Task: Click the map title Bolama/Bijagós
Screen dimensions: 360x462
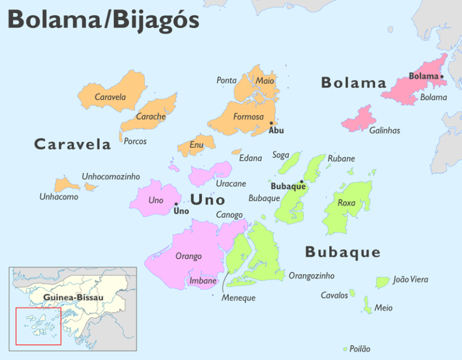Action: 103,20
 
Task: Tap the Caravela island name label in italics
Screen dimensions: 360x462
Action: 110,97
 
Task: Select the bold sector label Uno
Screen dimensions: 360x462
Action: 208,200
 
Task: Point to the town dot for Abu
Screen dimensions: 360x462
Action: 271,123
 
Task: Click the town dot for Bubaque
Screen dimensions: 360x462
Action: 301,181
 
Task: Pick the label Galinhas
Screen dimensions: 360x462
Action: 384,130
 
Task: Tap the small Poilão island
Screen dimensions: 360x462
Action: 345,349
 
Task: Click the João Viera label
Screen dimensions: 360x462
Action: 410,279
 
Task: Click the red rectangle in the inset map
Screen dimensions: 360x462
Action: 38,326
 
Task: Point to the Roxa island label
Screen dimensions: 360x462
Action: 346,203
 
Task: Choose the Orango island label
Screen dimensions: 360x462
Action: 188,257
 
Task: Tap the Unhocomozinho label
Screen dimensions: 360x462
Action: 111,177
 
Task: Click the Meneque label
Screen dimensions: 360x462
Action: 238,298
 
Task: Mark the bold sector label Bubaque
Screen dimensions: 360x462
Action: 342,252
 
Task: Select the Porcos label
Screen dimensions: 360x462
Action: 135,141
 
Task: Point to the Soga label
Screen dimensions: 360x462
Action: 280,155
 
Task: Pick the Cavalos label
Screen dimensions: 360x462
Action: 334,295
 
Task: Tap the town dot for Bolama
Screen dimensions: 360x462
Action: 442,76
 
